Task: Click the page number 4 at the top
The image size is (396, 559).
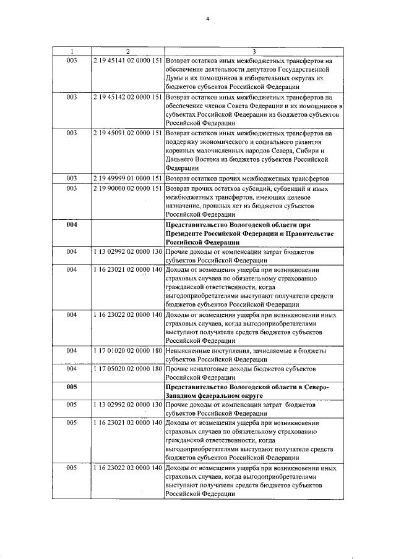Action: pyautogui.click(x=208, y=19)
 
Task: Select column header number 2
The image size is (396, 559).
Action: pyautogui.click(x=127, y=51)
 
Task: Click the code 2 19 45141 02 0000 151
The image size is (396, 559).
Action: pyautogui.click(x=127, y=61)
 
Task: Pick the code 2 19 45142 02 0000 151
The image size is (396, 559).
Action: pyautogui.click(x=127, y=97)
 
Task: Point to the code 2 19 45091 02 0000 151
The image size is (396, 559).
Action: pyautogui.click(x=127, y=133)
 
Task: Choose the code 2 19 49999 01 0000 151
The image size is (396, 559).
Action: pyautogui.click(x=127, y=178)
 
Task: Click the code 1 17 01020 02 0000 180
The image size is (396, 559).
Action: pyautogui.click(x=127, y=350)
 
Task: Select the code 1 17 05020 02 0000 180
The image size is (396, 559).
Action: pyautogui.click(x=127, y=368)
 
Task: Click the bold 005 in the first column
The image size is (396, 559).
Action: pyautogui.click(x=71, y=386)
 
